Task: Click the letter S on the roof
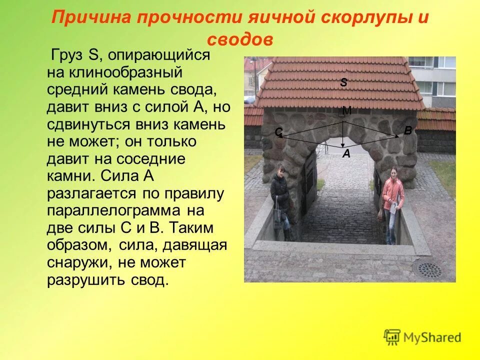[343, 83]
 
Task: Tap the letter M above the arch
[346, 111]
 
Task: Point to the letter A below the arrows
[346, 154]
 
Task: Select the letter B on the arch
[407, 131]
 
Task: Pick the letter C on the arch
[278, 132]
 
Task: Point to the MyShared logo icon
[392, 337]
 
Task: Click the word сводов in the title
[239, 40]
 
